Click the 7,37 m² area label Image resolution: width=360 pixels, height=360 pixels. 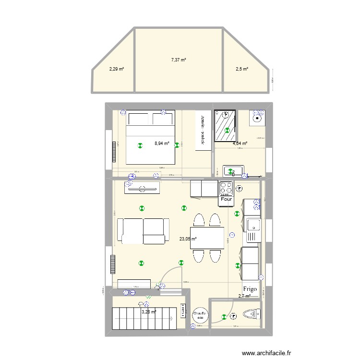coord(178,60)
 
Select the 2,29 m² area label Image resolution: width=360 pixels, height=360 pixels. coord(116,69)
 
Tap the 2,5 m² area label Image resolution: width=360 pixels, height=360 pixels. coord(241,69)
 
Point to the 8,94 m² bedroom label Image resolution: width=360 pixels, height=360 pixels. coord(162,143)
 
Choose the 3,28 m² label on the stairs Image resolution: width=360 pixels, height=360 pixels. coord(148,312)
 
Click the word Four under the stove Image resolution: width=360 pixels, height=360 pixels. coord(226,199)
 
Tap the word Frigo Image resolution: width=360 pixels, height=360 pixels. coord(250,289)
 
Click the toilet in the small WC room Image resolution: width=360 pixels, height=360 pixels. coord(252,315)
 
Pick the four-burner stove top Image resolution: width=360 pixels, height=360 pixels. coord(226,187)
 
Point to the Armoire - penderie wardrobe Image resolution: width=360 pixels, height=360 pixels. coord(203,130)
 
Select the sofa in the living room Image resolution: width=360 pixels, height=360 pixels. coord(143,231)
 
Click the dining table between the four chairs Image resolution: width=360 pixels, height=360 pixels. coord(207,238)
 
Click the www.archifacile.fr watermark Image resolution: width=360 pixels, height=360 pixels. coord(266,353)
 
